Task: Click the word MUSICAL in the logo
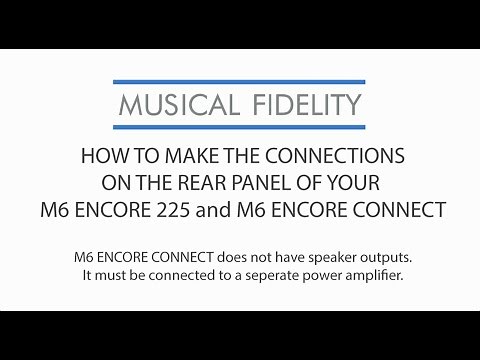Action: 172,105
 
